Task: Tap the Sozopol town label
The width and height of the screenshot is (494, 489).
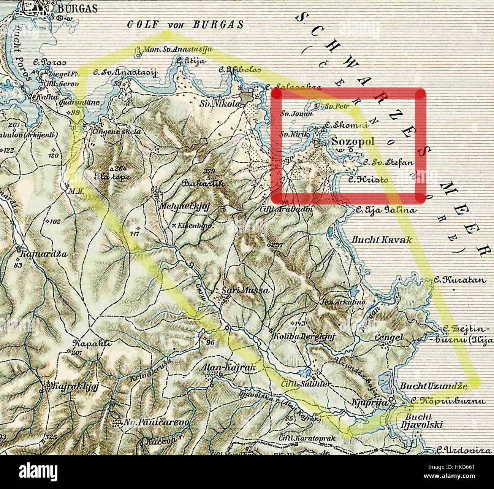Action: coord(353,142)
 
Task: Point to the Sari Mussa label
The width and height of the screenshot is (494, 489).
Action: coord(245,291)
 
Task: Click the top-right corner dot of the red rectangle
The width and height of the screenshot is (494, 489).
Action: coord(420,94)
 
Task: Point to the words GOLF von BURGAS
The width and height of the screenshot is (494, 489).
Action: coord(185,25)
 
